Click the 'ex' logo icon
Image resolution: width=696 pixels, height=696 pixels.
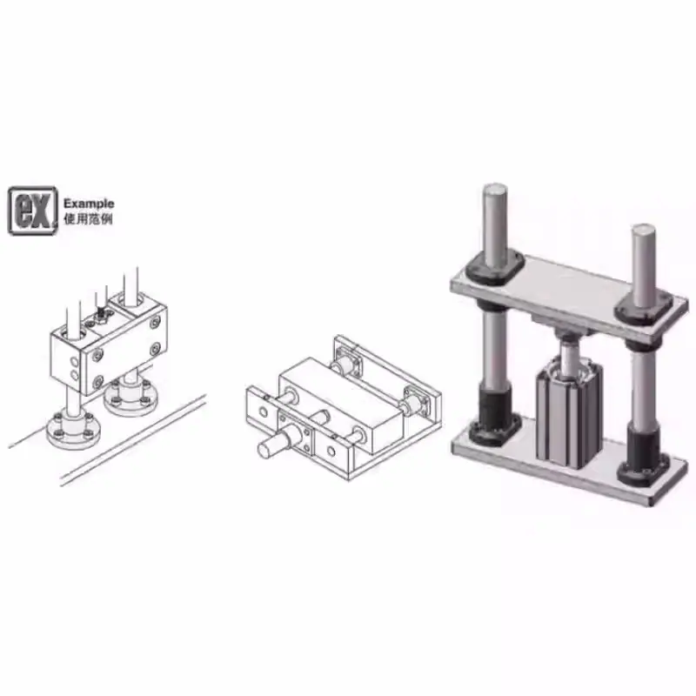(33, 211)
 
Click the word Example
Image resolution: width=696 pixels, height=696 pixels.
(89, 204)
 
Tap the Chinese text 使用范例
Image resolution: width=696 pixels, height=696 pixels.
(89, 219)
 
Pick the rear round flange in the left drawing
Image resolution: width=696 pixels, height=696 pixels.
(130, 398)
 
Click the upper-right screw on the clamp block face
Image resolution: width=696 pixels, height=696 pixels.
(156, 323)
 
